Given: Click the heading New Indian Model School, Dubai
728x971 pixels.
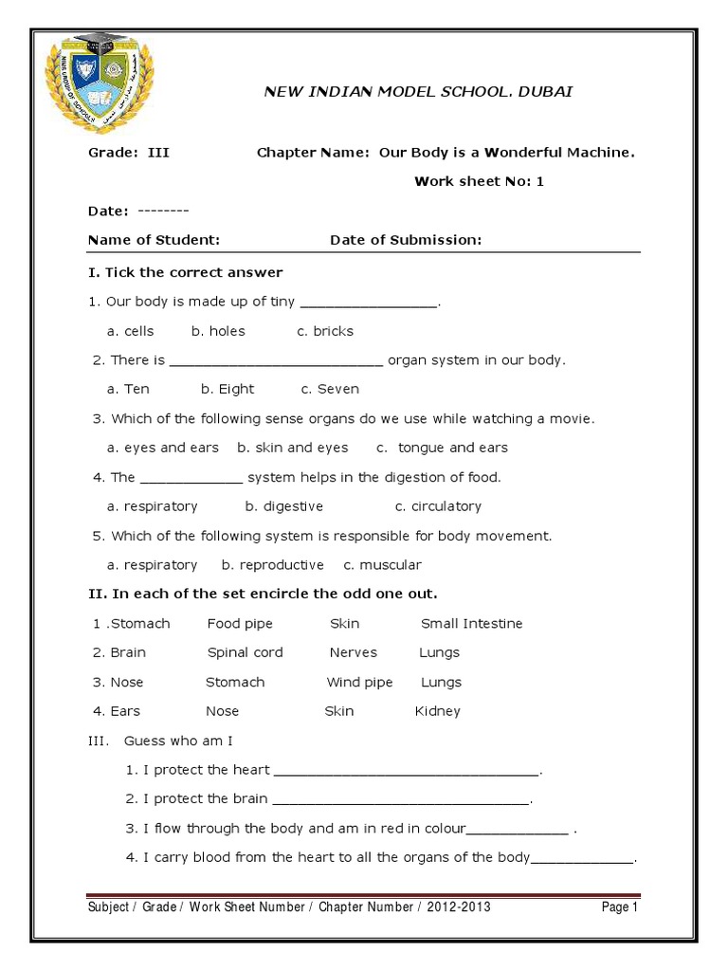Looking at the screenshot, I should coord(417,92).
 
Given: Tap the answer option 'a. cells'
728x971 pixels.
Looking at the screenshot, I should coord(131,331).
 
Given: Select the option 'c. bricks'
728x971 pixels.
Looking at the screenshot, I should coord(325,331).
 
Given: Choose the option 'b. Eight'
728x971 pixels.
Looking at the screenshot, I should coord(227,389).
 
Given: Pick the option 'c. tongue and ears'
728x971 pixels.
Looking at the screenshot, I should coord(442,448).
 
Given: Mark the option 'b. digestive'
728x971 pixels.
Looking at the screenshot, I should coord(284,506).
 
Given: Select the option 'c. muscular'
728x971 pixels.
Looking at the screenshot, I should coord(382,565).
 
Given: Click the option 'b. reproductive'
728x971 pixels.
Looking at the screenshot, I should coord(273,565).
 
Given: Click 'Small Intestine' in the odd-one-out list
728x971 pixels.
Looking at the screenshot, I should coord(471,624).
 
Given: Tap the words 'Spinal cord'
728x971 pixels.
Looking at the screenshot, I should coord(245,652).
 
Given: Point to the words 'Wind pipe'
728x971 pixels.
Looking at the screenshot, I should coord(359,682).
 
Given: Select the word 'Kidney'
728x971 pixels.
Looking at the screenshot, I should coord(437,711).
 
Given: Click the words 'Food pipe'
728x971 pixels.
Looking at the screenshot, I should coord(240,624).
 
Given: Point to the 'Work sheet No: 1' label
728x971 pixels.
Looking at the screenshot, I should coord(479,181).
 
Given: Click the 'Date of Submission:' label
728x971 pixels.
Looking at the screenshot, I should coord(406,240).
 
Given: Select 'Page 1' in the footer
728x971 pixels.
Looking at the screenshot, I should coord(620,907).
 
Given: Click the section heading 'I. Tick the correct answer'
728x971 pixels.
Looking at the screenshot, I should coord(185,272).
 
